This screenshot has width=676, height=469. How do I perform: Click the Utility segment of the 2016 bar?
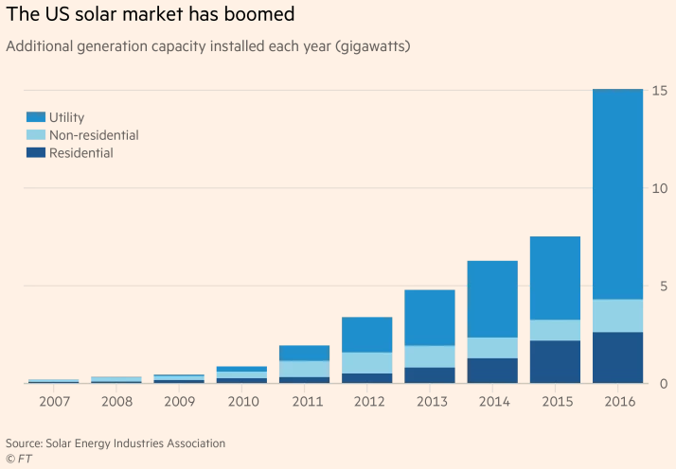click(x=617, y=194)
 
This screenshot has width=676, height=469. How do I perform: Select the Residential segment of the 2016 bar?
click(x=617, y=357)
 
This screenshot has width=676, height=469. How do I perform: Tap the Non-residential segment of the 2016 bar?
click(x=617, y=316)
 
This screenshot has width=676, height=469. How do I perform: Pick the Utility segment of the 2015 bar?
click(x=555, y=278)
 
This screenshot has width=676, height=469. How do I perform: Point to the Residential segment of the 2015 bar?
click(x=555, y=361)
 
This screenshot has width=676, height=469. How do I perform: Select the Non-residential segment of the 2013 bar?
click(x=430, y=356)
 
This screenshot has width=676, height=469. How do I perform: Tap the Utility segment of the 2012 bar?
click(x=367, y=335)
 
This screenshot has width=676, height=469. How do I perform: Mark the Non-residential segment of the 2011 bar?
click(x=305, y=369)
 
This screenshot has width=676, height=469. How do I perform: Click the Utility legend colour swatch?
click(x=35, y=117)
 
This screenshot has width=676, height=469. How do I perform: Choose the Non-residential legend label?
click(x=94, y=135)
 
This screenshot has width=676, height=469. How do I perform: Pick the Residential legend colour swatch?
click(x=35, y=152)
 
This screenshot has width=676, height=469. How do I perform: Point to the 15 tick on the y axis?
click(x=660, y=91)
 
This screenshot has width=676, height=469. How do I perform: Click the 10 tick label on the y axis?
click(x=660, y=188)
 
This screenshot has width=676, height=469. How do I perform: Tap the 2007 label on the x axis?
click(x=54, y=402)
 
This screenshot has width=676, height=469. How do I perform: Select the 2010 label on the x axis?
click(x=241, y=402)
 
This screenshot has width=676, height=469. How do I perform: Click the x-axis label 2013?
click(x=430, y=402)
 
